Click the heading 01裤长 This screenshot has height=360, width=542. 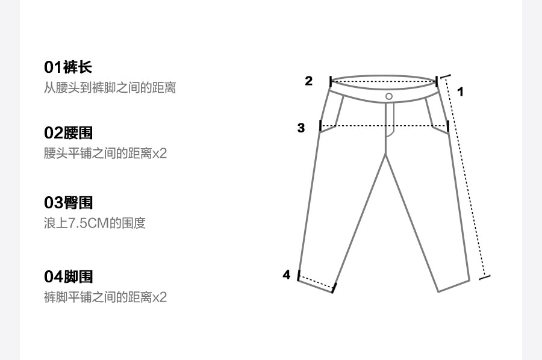pyautogui.click(x=68, y=67)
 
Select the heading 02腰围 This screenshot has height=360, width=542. pyautogui.click(x=68, y=133)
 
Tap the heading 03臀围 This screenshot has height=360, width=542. pyautogui.click(x=68, y=203)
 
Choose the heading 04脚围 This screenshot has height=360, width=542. pyautogui.click(x=68, y=277)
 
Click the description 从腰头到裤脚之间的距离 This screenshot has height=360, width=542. pyautogui.click(x=110, y=87)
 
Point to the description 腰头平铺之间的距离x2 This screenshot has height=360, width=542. pyautogui.click(x=105, y=154)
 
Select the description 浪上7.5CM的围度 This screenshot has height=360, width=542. pyautogui.click(x=95, y=223)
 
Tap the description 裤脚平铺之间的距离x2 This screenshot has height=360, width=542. pyautogui.click(x=105, y=297)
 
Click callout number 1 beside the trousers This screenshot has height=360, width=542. pyautogui.click(x=461, y=92)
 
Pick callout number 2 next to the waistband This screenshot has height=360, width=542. pyautogui.click(x=309, y=81)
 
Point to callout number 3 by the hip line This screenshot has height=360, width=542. pyautogui.click(x=301, y=128)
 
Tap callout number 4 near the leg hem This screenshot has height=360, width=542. pyautogui.click(x=287, y=275)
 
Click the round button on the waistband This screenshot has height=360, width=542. pyautogui.click(x=389, y=96)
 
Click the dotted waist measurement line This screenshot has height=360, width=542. pyautogui.click(x=384, y=81)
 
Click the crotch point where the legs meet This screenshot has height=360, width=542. pyautogui.click(x=385, y=155)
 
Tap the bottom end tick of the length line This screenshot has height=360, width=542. pyautogui.click(x=484, y=277)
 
